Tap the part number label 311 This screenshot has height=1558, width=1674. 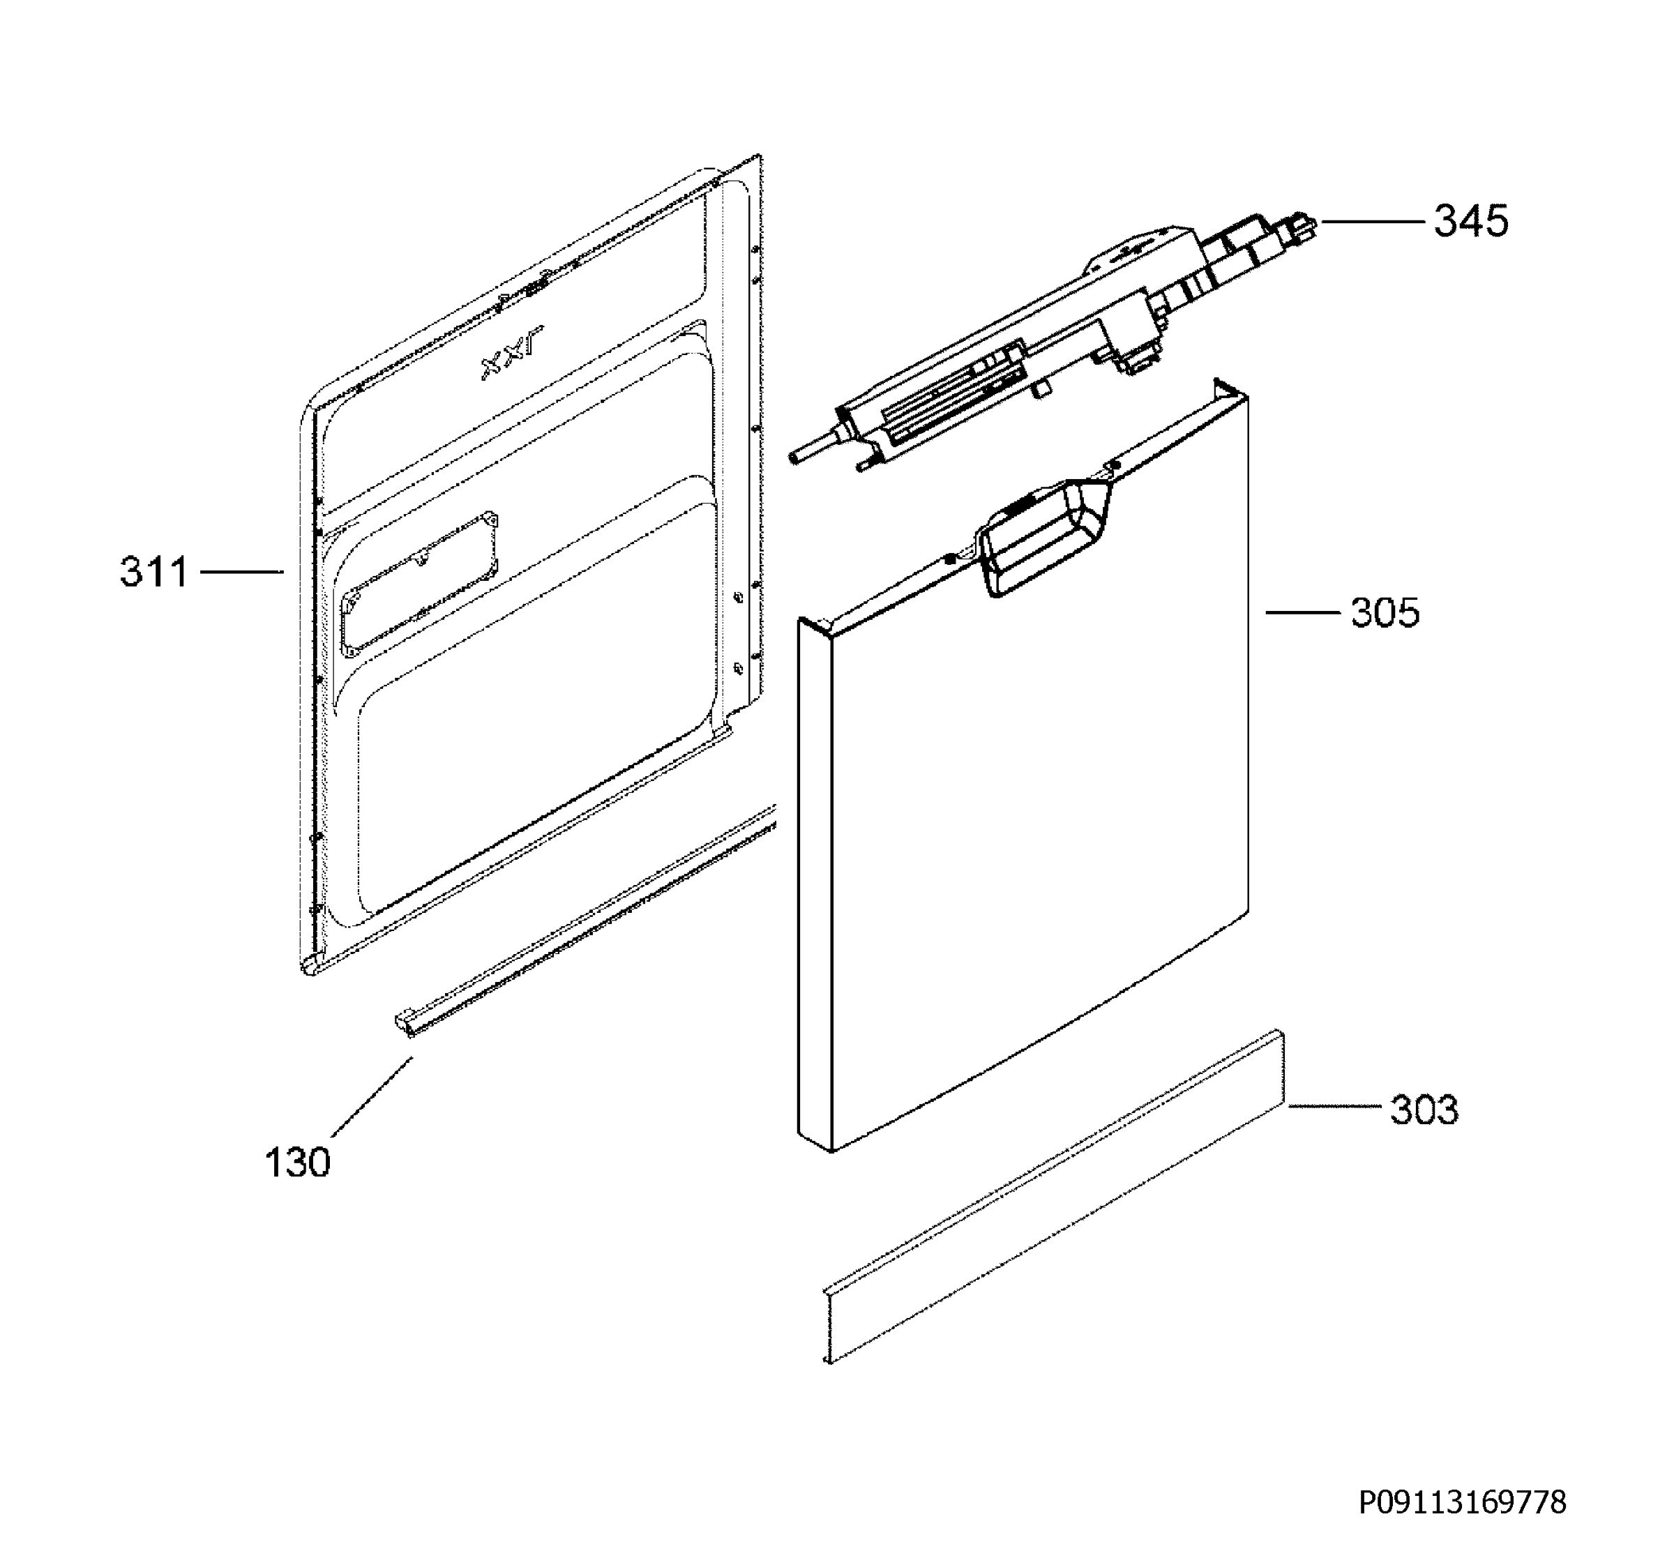coord(154,573)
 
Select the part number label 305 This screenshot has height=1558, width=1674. coord(1385,613)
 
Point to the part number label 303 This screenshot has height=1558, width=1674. coord(1424,1110)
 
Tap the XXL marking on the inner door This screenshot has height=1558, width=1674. coord(512,354)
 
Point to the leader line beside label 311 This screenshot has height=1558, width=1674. coord(241,573)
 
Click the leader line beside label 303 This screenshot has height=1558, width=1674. coord(1334,1107)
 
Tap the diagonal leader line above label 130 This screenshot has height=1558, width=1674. coord(371,1097)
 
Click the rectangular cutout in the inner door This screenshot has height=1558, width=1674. coord(419,581)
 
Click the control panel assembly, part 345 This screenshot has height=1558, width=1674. coord(1053,340)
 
